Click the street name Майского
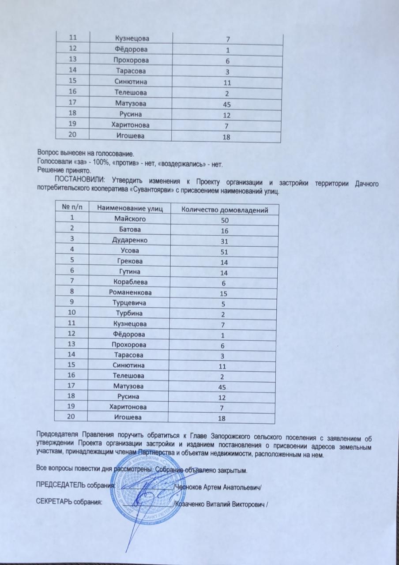130,219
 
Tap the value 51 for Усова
224,252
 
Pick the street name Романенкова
130,292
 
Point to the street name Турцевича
130,303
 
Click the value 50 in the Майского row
225,220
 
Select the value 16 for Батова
224,230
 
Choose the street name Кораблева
130,282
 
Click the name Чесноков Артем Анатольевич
221,486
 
